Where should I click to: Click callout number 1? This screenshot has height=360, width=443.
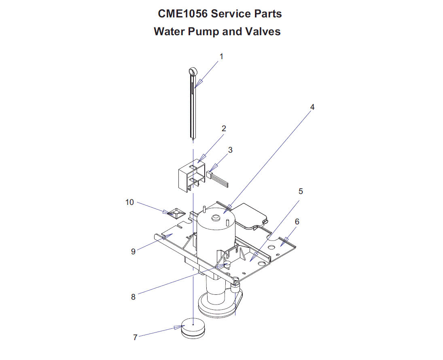(x=221, y=57)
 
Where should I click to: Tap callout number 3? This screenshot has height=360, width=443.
(x=230, y=150)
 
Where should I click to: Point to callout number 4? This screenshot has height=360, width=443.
(x=312, y=107)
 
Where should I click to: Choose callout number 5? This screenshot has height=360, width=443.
(x=301, y=191)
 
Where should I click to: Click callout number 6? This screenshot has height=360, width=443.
(x=297, y=222)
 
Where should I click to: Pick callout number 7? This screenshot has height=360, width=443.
(x=135, y=337)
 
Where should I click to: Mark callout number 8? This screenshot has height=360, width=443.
(x=133, y=296)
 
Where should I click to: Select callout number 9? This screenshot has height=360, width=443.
(x=133, y=251)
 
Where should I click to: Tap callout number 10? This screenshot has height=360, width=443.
(x=129, y=202)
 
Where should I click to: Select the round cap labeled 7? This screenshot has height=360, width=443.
(x=194, y=327)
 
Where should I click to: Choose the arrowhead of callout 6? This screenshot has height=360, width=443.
(x=284, y=241)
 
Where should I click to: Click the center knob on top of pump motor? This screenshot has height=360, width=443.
(x=216, y=218)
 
